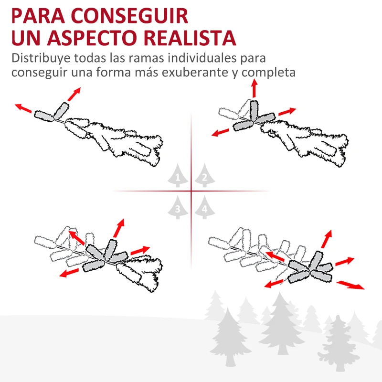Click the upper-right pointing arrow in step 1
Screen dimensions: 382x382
[x=74, y=94]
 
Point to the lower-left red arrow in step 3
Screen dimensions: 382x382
[x=70, y=273]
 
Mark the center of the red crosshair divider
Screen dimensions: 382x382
[x=191, y=191]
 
